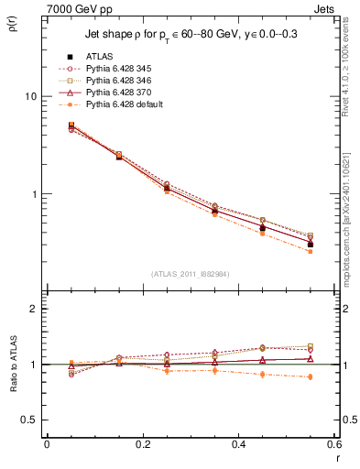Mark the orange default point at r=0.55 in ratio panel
point(310,376)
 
